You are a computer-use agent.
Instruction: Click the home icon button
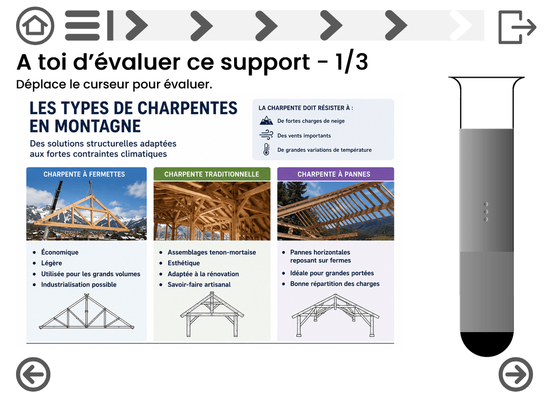35,26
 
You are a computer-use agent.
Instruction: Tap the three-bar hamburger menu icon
83,26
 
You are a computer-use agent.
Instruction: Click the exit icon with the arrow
517,27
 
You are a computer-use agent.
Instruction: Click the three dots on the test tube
486,212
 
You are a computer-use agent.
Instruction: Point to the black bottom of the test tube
486,343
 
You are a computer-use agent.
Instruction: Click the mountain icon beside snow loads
266,121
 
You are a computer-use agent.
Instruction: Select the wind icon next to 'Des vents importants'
266,135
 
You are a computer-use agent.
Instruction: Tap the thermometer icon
266,149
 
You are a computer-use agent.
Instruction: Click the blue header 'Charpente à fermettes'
86,174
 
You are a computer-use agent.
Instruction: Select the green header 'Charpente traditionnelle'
212,174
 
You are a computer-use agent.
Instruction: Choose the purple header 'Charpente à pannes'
335,174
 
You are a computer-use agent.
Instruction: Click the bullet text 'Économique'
59,252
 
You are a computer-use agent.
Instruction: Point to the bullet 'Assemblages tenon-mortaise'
212,252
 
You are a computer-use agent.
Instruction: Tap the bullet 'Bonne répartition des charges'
335,283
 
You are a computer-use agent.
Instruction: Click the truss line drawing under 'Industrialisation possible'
86,312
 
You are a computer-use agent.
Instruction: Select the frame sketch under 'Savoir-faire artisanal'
212,314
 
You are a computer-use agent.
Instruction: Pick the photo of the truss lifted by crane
86,211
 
